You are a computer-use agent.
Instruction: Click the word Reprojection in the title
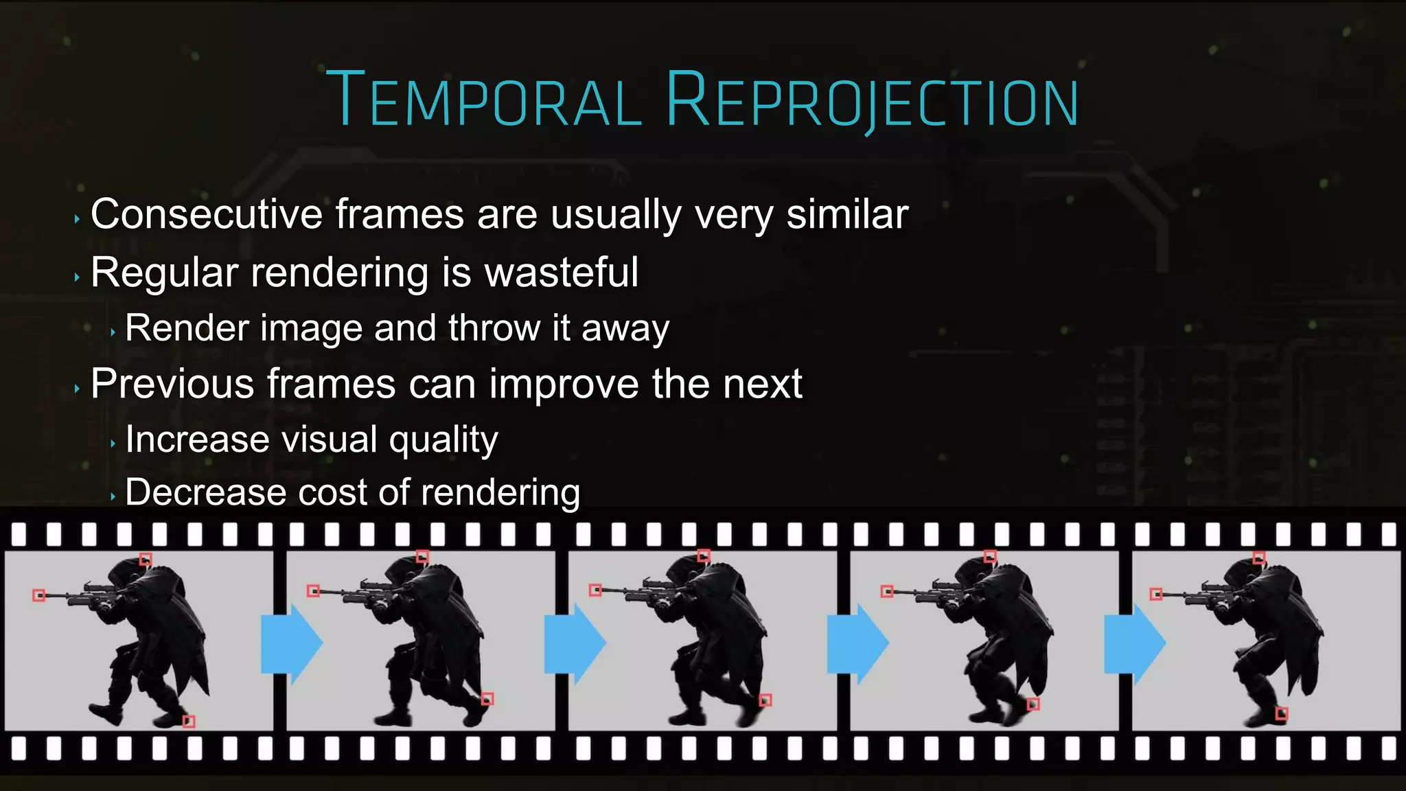click(872, 101)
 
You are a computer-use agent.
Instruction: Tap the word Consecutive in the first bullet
click(207, 214)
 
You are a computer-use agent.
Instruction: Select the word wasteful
click(562, 273)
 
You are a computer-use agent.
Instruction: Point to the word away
click(625, 328)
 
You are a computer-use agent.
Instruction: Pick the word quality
click(443, 440)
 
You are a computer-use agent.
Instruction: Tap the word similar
click(847, 214)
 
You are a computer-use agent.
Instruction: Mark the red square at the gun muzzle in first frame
click(39, 595)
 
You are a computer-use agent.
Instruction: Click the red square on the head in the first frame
click(146, 559)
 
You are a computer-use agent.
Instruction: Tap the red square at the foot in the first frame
click(189, 721)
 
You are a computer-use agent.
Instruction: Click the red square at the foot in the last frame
click(1281, 714)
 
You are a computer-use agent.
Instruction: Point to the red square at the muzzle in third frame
click(595, 590)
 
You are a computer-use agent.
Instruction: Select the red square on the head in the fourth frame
click(989, 556)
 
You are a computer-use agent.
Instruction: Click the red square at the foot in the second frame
click(487, 699)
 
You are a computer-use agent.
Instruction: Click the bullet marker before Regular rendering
click(77, 277)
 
